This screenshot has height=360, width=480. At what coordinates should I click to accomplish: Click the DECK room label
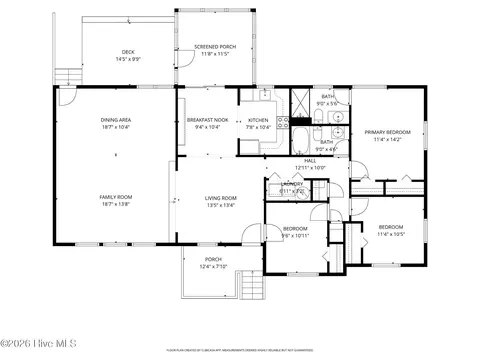pos(128,52)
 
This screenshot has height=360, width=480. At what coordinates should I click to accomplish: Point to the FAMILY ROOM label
pos(116,197)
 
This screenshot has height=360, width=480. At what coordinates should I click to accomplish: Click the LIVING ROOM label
pos(220,197)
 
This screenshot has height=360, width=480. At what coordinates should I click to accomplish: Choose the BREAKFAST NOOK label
pos(207,120)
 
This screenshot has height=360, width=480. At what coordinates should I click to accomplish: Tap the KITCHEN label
pos(259,120)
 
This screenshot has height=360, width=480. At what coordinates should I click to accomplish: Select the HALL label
pos(310,161)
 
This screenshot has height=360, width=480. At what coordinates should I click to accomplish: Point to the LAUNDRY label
pos(293,184)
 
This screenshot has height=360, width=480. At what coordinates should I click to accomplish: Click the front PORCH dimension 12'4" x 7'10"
pos(214,267)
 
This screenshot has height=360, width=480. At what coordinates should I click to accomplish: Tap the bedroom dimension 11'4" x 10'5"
pos(390,234)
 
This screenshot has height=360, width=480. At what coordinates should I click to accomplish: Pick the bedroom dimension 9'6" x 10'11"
pos(295,235)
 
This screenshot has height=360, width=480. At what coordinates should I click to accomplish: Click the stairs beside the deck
pos(67,77)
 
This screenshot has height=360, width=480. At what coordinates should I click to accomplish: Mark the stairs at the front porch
pos(252,289)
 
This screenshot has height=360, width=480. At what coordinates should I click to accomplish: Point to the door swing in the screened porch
pos(185,62)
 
